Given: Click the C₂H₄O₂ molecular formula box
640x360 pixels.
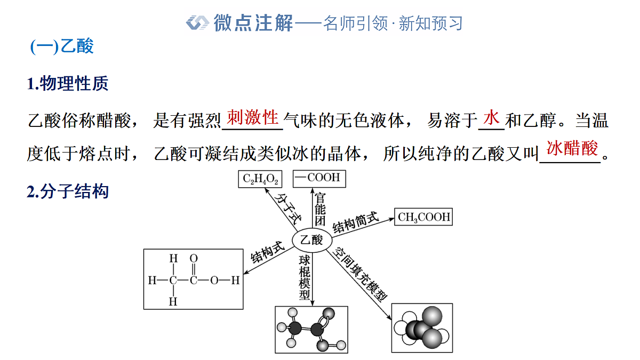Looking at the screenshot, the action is tap(260, 179).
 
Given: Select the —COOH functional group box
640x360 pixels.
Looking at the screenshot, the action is tap(319, 179).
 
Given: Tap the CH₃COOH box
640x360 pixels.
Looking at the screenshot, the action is tap(423, 217).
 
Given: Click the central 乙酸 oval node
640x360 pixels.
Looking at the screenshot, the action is tap(311, 240).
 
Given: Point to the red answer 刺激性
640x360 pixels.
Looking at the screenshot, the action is tap(253, 117).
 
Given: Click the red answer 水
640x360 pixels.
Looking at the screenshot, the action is tap(491, 117).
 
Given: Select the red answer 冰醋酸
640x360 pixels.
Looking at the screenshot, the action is tap(572, 148).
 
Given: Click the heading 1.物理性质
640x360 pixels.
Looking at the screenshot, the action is tap(67, 83).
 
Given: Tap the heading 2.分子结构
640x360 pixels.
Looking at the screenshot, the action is tap(67, 191).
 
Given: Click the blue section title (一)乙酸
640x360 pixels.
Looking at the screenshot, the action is tap(62, 46).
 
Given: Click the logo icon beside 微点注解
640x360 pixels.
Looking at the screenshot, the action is tap(197, 22).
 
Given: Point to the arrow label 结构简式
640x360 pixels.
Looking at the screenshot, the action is tap(355, 222).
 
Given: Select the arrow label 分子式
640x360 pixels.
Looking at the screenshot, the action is tap(287, 209).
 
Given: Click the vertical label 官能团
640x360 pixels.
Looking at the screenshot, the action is tap(320, 209).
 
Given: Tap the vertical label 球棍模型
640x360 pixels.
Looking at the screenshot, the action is tap(305, 277).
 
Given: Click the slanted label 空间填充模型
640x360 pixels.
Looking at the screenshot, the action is tap(361, 274).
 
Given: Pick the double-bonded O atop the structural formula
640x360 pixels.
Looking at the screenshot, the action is tap(194, 258).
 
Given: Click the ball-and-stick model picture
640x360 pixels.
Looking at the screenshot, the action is tap(311, 330).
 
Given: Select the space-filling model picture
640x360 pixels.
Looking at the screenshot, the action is tap(422, 327).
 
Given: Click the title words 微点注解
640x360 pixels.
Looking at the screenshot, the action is tap(253, 23).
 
